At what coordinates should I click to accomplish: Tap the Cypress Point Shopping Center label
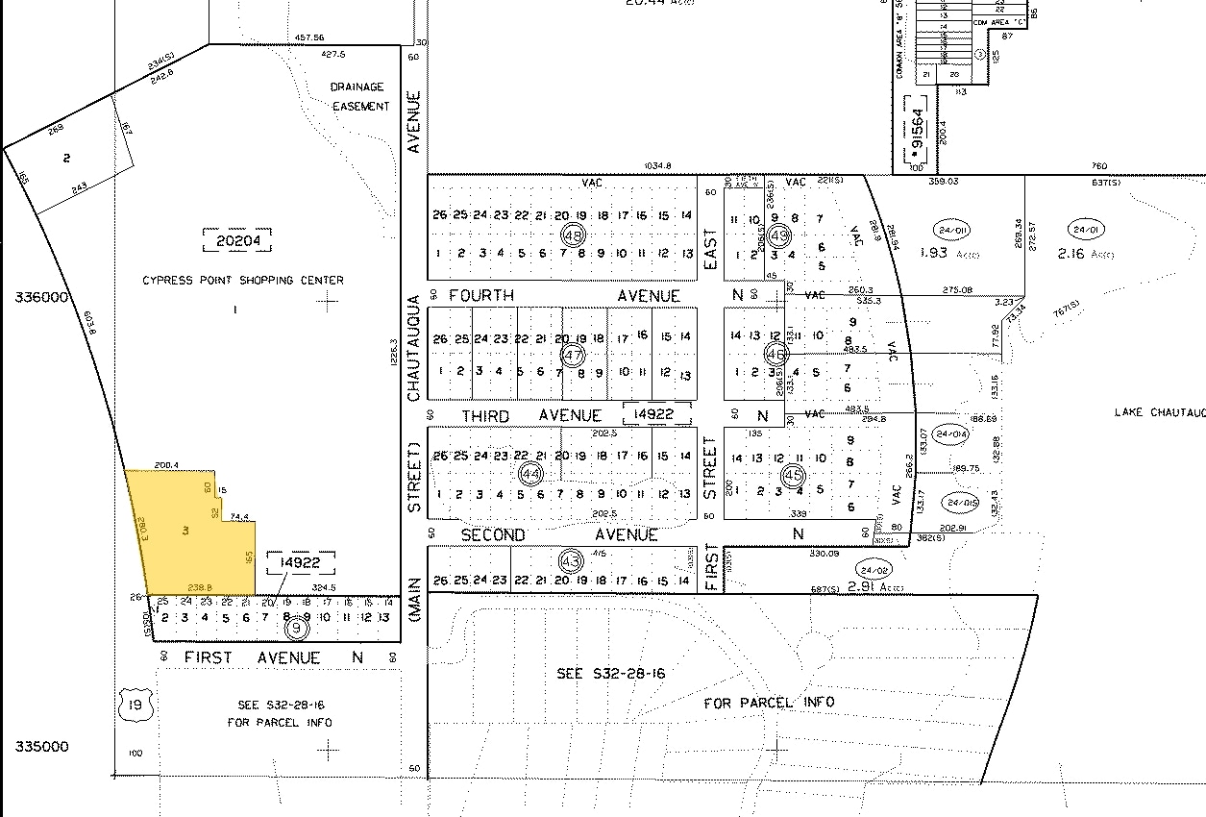point(242,281)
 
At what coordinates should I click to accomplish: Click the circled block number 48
point(575,235)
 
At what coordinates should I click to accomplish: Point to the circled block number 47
point(574,356)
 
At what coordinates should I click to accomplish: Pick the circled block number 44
point(530,473)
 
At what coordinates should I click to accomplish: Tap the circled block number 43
point(570,559)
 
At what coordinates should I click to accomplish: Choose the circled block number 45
point(793,475)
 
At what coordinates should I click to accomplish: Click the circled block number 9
point(298,629)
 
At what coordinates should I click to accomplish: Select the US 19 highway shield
point(133,707)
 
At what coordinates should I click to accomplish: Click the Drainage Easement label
point(360,96)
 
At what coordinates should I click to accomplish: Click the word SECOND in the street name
point(493,534)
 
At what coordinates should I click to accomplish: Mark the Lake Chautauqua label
point(1159,412)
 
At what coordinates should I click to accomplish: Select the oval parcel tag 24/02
point(875,568)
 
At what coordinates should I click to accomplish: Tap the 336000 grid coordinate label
point(41,298)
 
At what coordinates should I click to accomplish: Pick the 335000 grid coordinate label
point(41,747)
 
